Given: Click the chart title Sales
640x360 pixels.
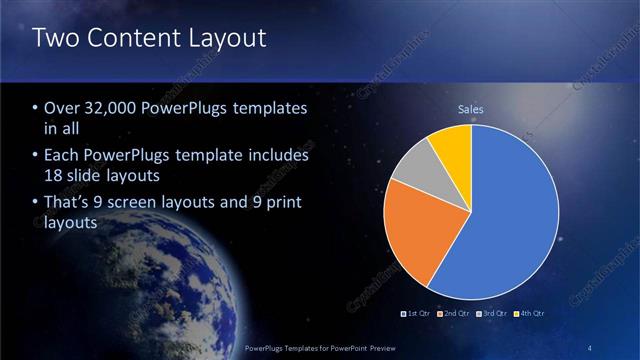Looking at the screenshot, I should pos(471,108).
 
